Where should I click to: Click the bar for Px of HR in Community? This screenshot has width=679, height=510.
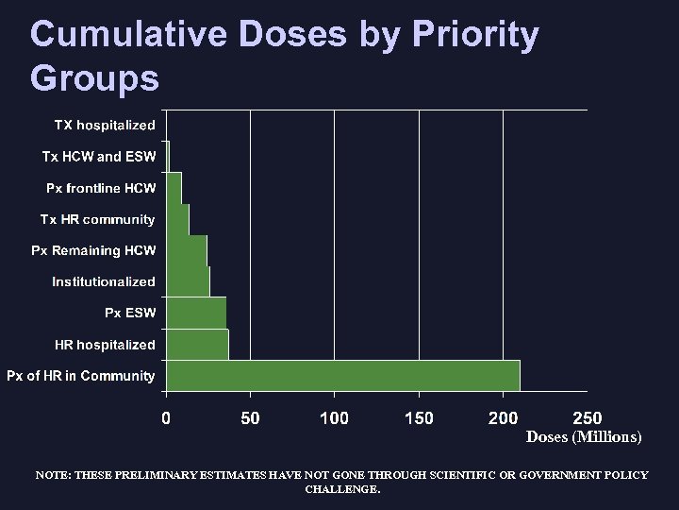pos(343,375)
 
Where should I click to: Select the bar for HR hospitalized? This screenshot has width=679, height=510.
pos(197,344)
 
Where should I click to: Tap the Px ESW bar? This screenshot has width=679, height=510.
pos(196,313)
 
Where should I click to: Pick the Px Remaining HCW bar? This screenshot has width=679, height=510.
pos(187,250)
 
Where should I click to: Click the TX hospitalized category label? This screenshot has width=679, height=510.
pos(104,125)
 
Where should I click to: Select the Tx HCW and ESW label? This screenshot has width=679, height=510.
pos(98,157)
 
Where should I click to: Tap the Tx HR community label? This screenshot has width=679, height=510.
pos(97,219)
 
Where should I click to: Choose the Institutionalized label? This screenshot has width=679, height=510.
pos(104,281)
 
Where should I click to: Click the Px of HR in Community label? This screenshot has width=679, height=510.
pos(80,376)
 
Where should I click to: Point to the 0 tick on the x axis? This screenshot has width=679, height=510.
pos(166,417)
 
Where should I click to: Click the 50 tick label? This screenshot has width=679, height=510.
pos(250,417)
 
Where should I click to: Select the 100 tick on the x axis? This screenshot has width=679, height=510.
pos(334,417)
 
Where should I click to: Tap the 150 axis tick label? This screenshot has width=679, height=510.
pos(419,417)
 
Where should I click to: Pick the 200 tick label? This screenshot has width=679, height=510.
pos(503,417)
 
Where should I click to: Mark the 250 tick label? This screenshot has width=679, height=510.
pos(587,417)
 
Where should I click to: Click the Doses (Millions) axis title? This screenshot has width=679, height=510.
pos(584,437)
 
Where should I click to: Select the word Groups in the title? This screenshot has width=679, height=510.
pos(94,77)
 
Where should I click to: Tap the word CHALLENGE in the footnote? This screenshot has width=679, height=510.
pos(342,489)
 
